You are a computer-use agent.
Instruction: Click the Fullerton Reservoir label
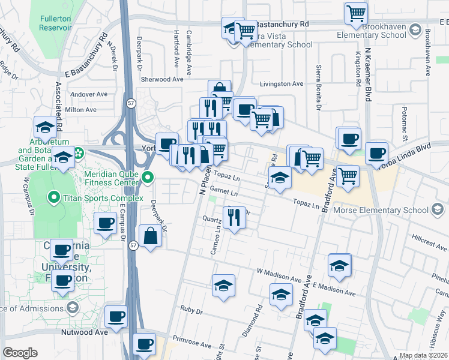[56, 23]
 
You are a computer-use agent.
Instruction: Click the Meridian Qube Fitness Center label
[113, 178]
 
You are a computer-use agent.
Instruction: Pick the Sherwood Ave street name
[161, 79]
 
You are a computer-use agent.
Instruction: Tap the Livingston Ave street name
[281, 84]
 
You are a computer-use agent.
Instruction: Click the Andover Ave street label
[88, 94]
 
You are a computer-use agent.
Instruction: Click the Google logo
[19, 352]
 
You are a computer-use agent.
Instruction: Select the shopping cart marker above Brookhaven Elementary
[356, 13]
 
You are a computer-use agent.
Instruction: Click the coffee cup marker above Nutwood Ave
[116, 316]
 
